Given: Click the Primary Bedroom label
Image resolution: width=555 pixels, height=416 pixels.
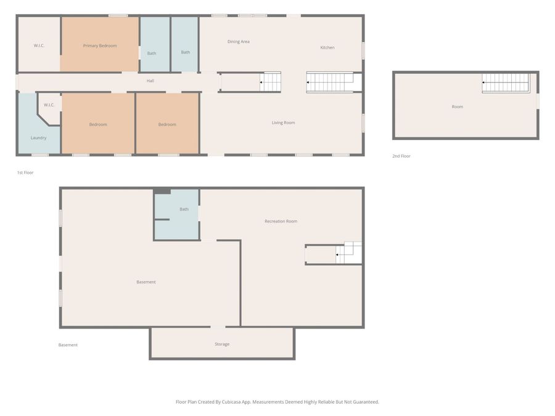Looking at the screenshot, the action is pos(100,46).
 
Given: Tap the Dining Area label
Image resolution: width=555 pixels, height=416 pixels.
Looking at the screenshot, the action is pos(238,41).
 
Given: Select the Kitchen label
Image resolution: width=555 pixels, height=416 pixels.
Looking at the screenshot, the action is pos(327,47).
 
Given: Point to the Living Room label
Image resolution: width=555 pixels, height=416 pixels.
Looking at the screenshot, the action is pos(283,123).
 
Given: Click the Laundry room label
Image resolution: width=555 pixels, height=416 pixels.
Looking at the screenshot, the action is pos(38,138).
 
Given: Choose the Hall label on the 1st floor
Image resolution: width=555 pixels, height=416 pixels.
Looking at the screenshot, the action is pos(150,81).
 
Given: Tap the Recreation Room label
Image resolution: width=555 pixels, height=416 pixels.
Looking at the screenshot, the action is pos(281,221).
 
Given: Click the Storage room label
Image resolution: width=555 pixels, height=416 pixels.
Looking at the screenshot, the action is pos(222,344).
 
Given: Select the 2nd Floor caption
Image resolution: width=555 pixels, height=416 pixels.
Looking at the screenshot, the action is pos(401,156).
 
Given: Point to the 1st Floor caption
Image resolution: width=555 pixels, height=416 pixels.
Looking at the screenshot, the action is pos(25,173).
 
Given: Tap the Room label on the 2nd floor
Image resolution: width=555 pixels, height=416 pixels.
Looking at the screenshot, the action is pos(458,107).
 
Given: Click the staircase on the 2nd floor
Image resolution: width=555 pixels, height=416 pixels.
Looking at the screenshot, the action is pos(506,83).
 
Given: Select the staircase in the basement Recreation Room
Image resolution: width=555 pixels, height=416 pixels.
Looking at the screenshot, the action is pos(348,253).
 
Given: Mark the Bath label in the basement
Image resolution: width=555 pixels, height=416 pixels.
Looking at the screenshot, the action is pos(184,210).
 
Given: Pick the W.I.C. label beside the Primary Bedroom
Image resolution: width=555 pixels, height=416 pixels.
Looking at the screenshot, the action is pos(39,46).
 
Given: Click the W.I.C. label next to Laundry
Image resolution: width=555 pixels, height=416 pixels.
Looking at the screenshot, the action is pos(49,105).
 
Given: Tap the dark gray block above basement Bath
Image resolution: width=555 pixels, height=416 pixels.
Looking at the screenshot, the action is pos(162,192).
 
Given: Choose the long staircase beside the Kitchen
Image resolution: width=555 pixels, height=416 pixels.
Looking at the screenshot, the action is pos(330,83).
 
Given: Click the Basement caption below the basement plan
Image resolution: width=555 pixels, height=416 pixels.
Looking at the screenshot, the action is pos(68,345).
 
